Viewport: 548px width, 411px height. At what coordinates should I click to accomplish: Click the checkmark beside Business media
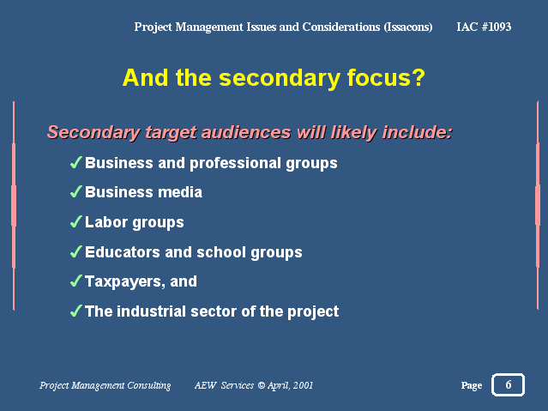tap(76, 191)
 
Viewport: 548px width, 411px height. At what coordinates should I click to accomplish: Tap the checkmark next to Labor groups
tap(76, 221)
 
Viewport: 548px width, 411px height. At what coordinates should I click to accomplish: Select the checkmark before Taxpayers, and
tap(76, 281)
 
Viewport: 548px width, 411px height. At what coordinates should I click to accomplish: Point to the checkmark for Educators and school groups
tap(76, 251)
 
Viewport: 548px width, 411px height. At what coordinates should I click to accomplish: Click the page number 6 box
tap(508, 384)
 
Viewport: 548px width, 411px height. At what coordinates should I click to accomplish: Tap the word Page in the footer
tap(472, 385)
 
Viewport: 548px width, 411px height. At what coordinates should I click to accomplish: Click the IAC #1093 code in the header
tap(484, 27)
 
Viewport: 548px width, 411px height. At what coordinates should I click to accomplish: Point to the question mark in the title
tap(419, 77)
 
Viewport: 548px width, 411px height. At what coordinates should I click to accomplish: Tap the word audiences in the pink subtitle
tap(246, 132)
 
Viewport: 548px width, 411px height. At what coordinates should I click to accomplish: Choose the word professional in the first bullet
tap(235, 164)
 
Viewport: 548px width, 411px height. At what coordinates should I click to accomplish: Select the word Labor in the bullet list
tap(106, 222)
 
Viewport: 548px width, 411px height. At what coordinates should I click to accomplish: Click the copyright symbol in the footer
tap(261, 385)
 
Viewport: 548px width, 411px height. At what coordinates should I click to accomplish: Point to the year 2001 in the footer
tap(303, 385)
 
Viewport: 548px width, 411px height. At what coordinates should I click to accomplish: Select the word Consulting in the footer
tap(149, 385)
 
